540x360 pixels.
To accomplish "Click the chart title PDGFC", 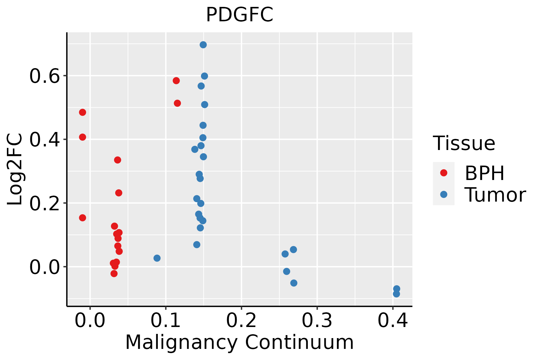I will pos(239,15).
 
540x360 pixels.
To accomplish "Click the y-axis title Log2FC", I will pos(15,169).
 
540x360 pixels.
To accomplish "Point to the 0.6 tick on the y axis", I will pos(44,76).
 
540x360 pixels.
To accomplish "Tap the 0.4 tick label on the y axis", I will pos(44,140).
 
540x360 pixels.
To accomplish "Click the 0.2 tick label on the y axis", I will pos(44,203).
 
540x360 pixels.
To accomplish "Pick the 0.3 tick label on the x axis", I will pos(317,320).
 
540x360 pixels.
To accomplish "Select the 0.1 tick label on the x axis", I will pos(166,320).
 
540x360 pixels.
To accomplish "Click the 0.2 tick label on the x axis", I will pos(241,320).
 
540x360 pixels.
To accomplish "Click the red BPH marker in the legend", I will pos(443,173).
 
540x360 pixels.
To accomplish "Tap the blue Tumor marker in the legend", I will pos(443,194).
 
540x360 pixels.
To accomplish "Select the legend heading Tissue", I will pos(464,143).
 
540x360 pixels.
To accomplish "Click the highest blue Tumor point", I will pos(203,45).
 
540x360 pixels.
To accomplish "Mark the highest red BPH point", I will pos(176,81).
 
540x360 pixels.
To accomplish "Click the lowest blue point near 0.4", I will pos(396,294).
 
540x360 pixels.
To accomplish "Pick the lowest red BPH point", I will pos(114,273).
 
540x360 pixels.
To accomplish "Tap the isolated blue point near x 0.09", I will pos(157,258).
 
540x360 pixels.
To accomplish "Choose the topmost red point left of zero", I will pos(82,112).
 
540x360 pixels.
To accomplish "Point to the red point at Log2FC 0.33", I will pos(118,160).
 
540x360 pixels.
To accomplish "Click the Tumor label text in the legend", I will pos(495,195).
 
